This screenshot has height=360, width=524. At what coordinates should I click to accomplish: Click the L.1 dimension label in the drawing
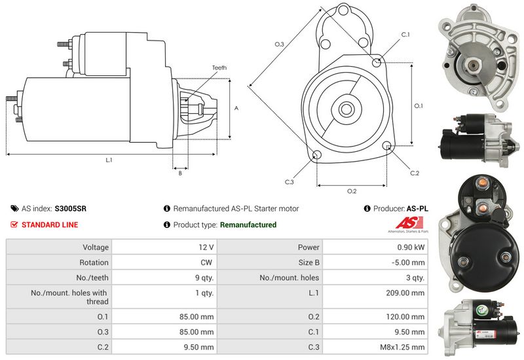[x=109, y=160]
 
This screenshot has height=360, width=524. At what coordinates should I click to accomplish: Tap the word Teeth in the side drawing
[x=219, y=67]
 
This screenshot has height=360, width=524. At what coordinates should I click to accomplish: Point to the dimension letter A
[x=236, y=109]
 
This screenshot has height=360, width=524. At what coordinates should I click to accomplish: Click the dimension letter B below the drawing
[x=179, y=173]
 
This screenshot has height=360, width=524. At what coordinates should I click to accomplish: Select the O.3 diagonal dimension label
[x=279, y=44]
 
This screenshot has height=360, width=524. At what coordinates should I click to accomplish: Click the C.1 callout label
[x=405, y=35]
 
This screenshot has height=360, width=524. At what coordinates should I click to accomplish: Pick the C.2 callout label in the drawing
[x=414, y=173]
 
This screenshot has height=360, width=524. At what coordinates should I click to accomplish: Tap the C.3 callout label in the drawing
[x=290, y=181]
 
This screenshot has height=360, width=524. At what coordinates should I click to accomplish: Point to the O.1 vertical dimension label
[x=419, y=105]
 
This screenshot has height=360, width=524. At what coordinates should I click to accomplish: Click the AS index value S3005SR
[x=70, y=209]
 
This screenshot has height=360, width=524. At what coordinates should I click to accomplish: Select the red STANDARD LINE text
[x=50, y=225]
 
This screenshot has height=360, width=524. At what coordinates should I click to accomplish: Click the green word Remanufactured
[x=248, y=225]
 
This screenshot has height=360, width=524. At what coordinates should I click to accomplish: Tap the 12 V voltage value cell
[x=206, y=247]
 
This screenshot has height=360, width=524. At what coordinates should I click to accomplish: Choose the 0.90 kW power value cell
[x=411, y=247]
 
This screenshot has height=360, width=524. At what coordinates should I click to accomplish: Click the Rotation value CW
[x=208, y=262]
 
